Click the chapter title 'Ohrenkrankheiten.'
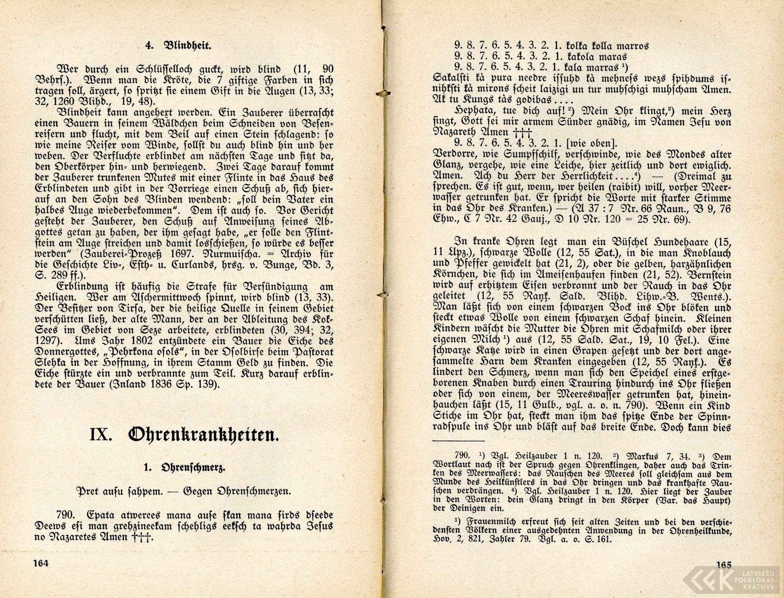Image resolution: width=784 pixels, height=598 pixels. tap(203, 435)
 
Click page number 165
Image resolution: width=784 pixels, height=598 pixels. tap(723, 565)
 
